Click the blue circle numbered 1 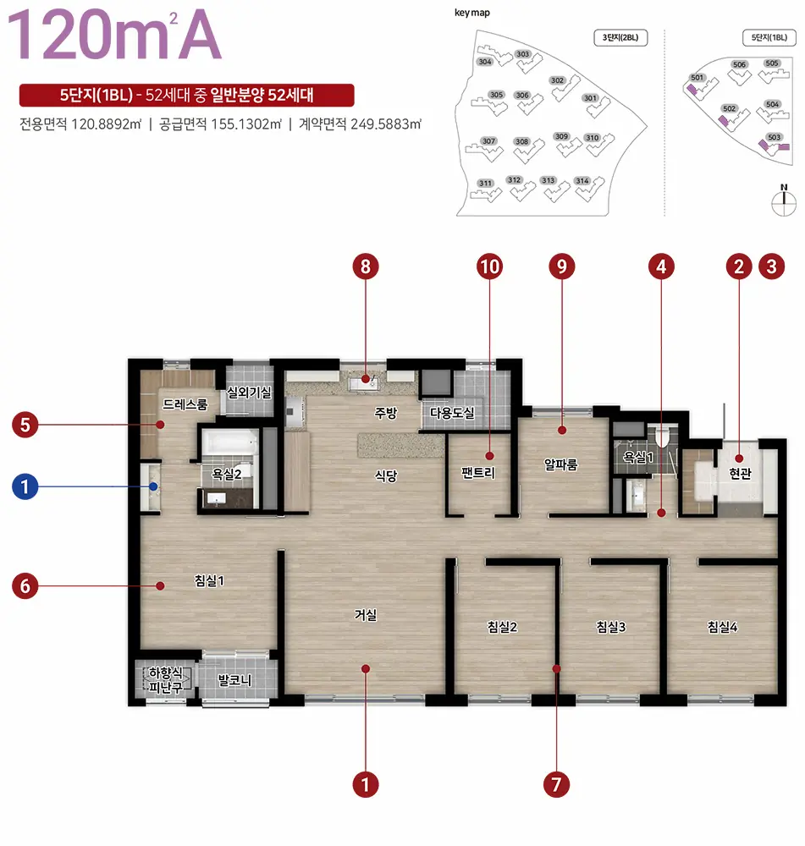click(x=25, y=486)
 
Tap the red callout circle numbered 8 click(x=366, y=266)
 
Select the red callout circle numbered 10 click(x=490, y=266)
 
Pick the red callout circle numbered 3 click(x=771, y=266)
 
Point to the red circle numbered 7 click(x=557, y=784)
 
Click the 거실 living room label click(x=366, y=614)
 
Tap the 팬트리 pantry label click(x=478, y=473)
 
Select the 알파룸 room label click(x=561, y=464)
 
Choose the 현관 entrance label click(x=740, y=473)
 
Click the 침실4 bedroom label click(x=722, y=626)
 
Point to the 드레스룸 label click(x=185, y=404)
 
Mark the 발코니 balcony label click(x=234, y=680)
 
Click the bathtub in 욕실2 click(x=229, y=443)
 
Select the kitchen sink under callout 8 click(x=363, y=383)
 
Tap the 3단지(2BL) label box click(x=620, y=38)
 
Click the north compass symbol click(x=784, y=201)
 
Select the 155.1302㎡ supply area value click(x=246, y=124)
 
